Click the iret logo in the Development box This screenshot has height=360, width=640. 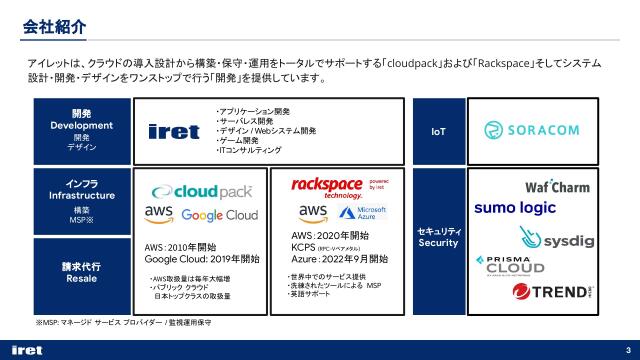coord(173,131)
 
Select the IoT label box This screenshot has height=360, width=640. coord(437,131)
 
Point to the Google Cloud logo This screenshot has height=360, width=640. coord(220,215)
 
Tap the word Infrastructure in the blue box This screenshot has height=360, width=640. coord(83,196)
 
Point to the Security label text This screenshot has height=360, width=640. coord(438,243)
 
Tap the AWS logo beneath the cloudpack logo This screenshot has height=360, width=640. coord(160,213)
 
